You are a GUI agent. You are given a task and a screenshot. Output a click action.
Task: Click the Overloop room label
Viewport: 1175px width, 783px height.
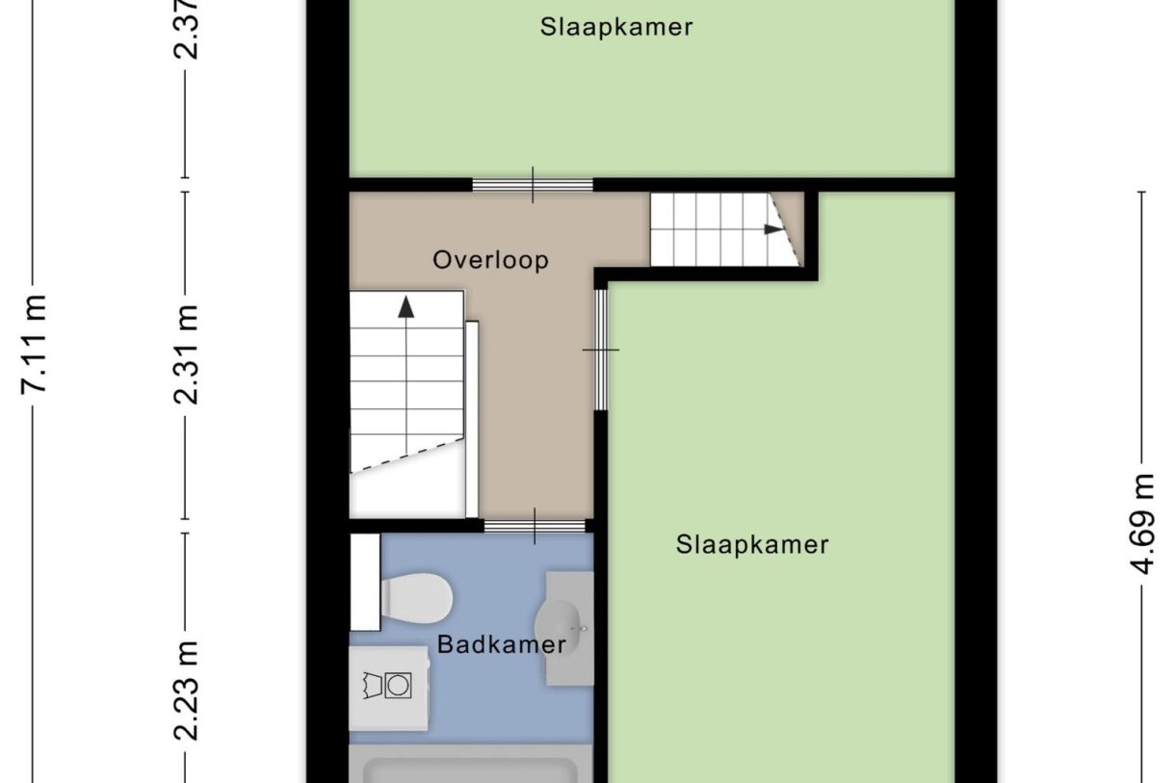coord(490,260)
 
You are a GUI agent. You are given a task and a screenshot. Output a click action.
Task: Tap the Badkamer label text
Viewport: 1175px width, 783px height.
coord(501,644)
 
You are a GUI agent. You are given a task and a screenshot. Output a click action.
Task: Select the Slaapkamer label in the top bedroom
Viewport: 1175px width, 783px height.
coord(615,27)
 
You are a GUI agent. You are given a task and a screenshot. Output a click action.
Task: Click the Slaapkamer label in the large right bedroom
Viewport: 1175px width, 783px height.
coord(751,545)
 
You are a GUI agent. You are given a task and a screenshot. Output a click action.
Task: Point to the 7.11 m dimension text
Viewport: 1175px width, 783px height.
coord(37,343)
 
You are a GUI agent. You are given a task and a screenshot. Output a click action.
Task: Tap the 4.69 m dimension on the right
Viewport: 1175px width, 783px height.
coord(1142,523)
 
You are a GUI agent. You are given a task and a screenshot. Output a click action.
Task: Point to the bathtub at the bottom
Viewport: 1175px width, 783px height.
coord(472,770)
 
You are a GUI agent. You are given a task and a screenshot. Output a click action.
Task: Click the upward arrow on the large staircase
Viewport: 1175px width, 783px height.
coord(405,306)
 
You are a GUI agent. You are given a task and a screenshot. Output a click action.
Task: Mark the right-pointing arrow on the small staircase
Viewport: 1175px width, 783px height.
coord(772,229)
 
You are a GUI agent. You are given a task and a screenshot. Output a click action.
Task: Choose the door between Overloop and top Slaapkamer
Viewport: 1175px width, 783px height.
coord(533,185)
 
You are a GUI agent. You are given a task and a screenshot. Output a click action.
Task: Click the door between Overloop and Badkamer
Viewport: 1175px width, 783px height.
coord(535,526)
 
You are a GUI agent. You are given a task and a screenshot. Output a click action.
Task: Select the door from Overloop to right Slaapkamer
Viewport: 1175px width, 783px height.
coord(601,350)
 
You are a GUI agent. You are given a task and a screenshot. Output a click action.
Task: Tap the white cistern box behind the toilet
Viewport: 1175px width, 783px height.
coord(365,581)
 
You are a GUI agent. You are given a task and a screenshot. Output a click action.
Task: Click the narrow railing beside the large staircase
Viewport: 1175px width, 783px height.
coord(472,419)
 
